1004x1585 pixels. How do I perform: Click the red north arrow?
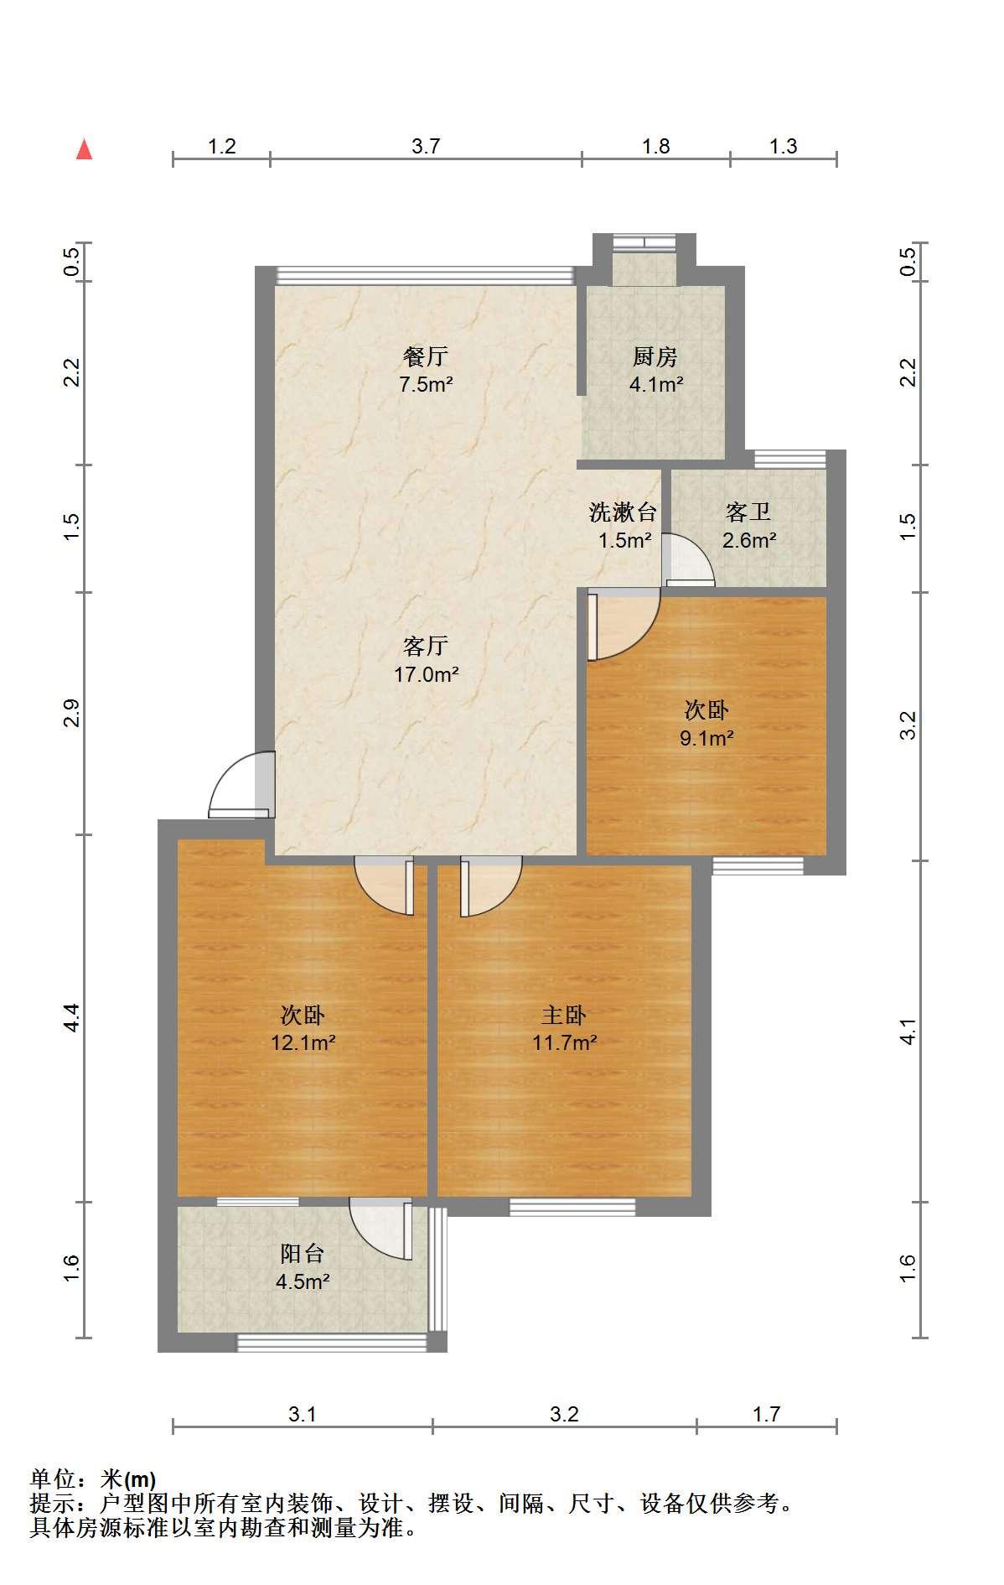(84, 149)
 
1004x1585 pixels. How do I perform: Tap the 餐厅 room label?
(426, 356)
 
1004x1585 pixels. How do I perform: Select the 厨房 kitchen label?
(655, 356)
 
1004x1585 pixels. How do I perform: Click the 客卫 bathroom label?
(748, 511)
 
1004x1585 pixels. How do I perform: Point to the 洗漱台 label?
(623, 511)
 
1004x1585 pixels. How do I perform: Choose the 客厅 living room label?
(426, 645)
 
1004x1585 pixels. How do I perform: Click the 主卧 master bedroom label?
(563, 1015)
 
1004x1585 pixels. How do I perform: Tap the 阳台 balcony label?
(302, 1253)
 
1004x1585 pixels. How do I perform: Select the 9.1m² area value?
(706, 738)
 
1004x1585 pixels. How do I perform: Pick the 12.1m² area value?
(303, 1042)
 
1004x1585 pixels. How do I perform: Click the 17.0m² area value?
(427, 673)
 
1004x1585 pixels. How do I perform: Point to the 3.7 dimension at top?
(426, 146)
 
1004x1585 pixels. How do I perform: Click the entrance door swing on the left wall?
(241, 785)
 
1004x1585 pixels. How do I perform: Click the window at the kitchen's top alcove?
(643, 242)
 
